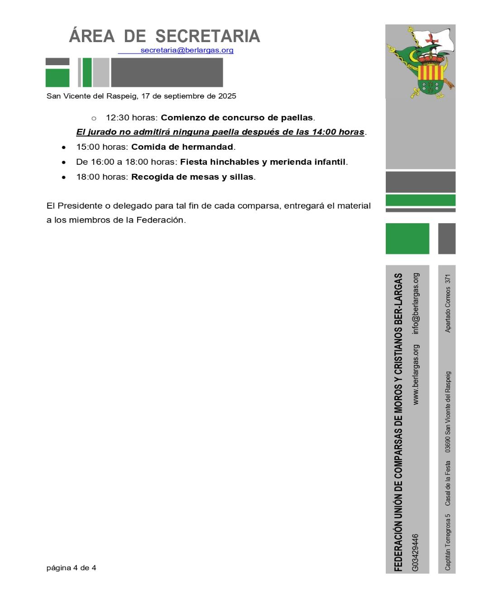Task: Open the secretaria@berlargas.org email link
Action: pyautogui.click(x=187, y=50)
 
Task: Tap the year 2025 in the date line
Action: pyautogui.click(x=227, y=96)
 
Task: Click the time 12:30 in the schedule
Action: pyautogui.click(x=118, y=118)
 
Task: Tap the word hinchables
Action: pyautogui.click(x=235, y=162)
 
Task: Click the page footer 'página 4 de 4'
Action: pyautogui.click(x=71, y=568)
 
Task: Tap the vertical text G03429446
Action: pyautogui.click(x=416, y=553)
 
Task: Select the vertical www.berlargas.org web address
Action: pyautogui.click(x=416, y=374)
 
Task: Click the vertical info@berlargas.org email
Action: pyautogui.click(x=416, y=303)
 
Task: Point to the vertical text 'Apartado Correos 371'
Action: pyautogui.click(x=448, y=303)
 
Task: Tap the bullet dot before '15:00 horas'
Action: pyautogui.click(x=64, y=148)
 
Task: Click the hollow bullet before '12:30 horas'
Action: pyautogui.click(x=94, y=118)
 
